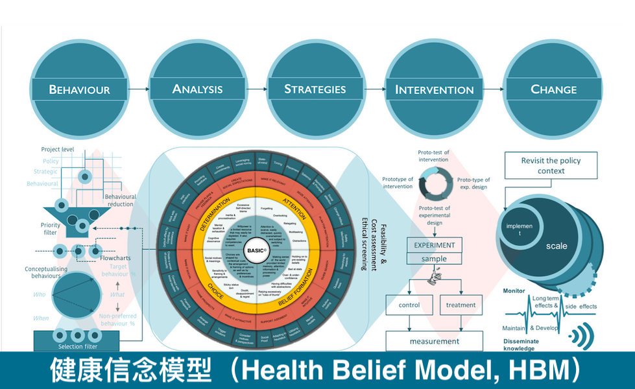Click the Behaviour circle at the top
tap(80, 89)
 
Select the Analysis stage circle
tap(197, 89)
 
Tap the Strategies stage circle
tap(315, 89)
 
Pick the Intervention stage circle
tap(434, 89)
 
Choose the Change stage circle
tap(553, 89)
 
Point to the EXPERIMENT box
tap(435, 246)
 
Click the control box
tap(409, 305)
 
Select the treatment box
tap(461, 305)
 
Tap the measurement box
tap(434, 341)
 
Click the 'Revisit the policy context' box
tap(551, 165)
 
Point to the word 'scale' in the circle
tap(556, 246)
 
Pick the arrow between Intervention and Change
tap(494, 89)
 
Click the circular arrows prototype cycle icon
tap(434, 183)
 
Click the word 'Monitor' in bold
tap(514, 291)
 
